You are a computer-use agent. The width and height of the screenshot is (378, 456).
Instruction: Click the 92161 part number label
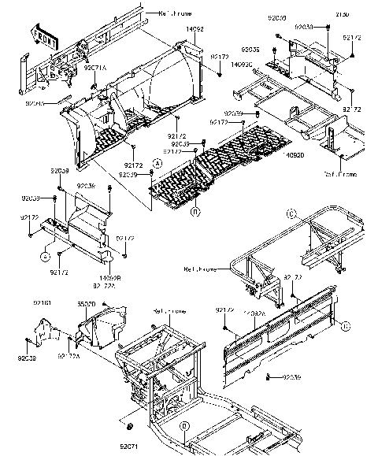42,302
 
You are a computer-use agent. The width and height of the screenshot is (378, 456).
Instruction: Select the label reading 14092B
109,277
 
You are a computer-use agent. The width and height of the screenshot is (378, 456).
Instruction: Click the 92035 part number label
250,49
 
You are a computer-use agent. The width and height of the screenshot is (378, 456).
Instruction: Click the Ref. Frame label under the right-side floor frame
339,172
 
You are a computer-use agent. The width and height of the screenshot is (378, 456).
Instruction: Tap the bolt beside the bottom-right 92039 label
269,377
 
